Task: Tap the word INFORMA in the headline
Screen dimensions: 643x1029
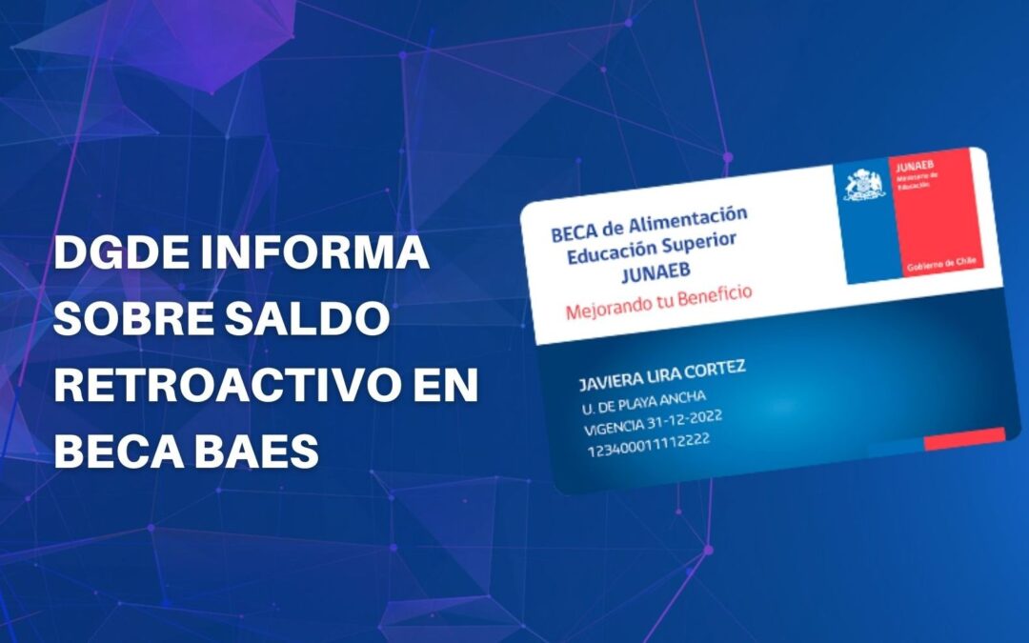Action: click(323, 255)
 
